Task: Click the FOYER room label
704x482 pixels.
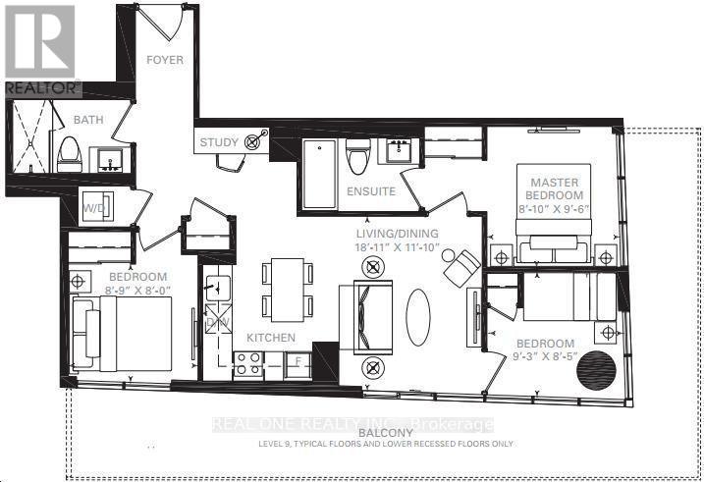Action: pos(165,60)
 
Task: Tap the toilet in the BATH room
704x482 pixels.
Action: pos(69,154)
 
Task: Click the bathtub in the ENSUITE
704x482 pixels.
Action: pos(319,174)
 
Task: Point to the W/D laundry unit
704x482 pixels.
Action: pos(96,207)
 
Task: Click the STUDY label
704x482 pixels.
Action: pos(219,142)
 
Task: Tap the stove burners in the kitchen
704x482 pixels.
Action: pos(248,363)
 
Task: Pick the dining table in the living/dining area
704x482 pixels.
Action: pos(288,290)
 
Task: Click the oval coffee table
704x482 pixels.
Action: pos(418,317)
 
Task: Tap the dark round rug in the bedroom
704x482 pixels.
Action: pos(597,370)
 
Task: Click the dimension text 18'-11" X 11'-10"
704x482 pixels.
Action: pos(397,247)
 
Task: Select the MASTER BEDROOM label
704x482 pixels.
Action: pos(555,188)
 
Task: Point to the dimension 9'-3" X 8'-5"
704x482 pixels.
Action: pos(545,357)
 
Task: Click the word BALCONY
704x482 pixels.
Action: pos(386,433)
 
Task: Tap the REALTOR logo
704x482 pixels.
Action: pos(40,50)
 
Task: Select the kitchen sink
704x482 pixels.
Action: pos(218,288)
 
